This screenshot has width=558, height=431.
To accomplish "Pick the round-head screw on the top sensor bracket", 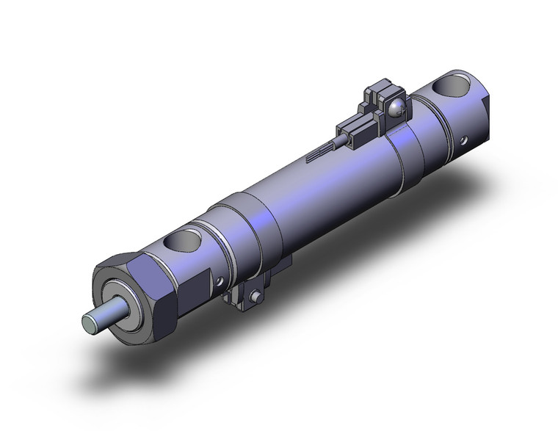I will (x=397, y=109).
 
